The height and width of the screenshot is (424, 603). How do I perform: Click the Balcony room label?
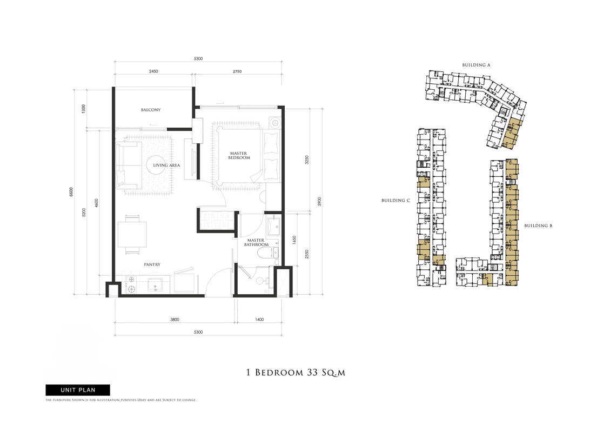click(x=151, y=110)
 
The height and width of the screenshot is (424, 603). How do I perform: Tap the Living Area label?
click(x=166, y=165)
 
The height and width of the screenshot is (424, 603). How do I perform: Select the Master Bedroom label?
click(x=239, y=155)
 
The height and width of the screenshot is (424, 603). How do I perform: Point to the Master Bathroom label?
click(x=256, y=242)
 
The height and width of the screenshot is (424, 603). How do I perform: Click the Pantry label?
click(x=152, y=264)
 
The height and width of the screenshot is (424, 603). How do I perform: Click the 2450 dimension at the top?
click(x=153, y=71)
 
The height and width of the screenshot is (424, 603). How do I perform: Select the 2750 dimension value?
click(x=237, y=71)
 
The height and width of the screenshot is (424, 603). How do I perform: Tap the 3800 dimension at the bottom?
click(x=175, y=319)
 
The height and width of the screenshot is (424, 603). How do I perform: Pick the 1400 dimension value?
click(x=259, y=319)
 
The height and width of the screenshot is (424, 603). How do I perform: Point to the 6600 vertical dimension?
click(x=71, y=192)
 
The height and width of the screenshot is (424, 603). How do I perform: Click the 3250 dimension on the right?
click(x=307, y=160)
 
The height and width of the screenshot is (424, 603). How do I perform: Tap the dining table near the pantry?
click(x=132, y=234)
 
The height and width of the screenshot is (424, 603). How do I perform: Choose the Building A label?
click(x=476, y=65)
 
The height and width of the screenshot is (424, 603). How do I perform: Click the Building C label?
click(x=396, y=201)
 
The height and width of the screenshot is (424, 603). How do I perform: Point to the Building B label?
click(x=538, y=226)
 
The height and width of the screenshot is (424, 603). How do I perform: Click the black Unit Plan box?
click(x=78, y=390)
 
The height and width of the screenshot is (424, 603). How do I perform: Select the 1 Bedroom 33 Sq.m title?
click(x=296, y=373)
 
